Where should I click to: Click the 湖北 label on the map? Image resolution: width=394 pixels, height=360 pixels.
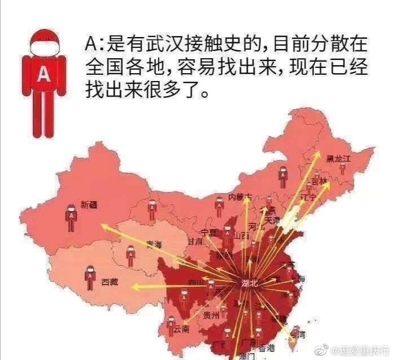[x=250, y=283]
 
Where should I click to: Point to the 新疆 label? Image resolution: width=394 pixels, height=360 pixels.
[x=89, y=204]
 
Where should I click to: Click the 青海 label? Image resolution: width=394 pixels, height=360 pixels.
[x=154, y=245]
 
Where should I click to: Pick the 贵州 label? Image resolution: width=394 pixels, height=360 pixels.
[x=211, y=315]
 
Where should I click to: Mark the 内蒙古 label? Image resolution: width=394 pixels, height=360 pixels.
[x=239, y=197]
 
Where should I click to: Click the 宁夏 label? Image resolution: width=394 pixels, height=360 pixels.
[x=209, y=233]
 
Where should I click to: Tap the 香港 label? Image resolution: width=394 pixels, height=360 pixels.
[x=267, y=347]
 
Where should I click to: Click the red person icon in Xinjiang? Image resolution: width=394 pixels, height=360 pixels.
[x=70, y=218]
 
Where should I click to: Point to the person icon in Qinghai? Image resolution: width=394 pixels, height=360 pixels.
[x=131, y=255]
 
